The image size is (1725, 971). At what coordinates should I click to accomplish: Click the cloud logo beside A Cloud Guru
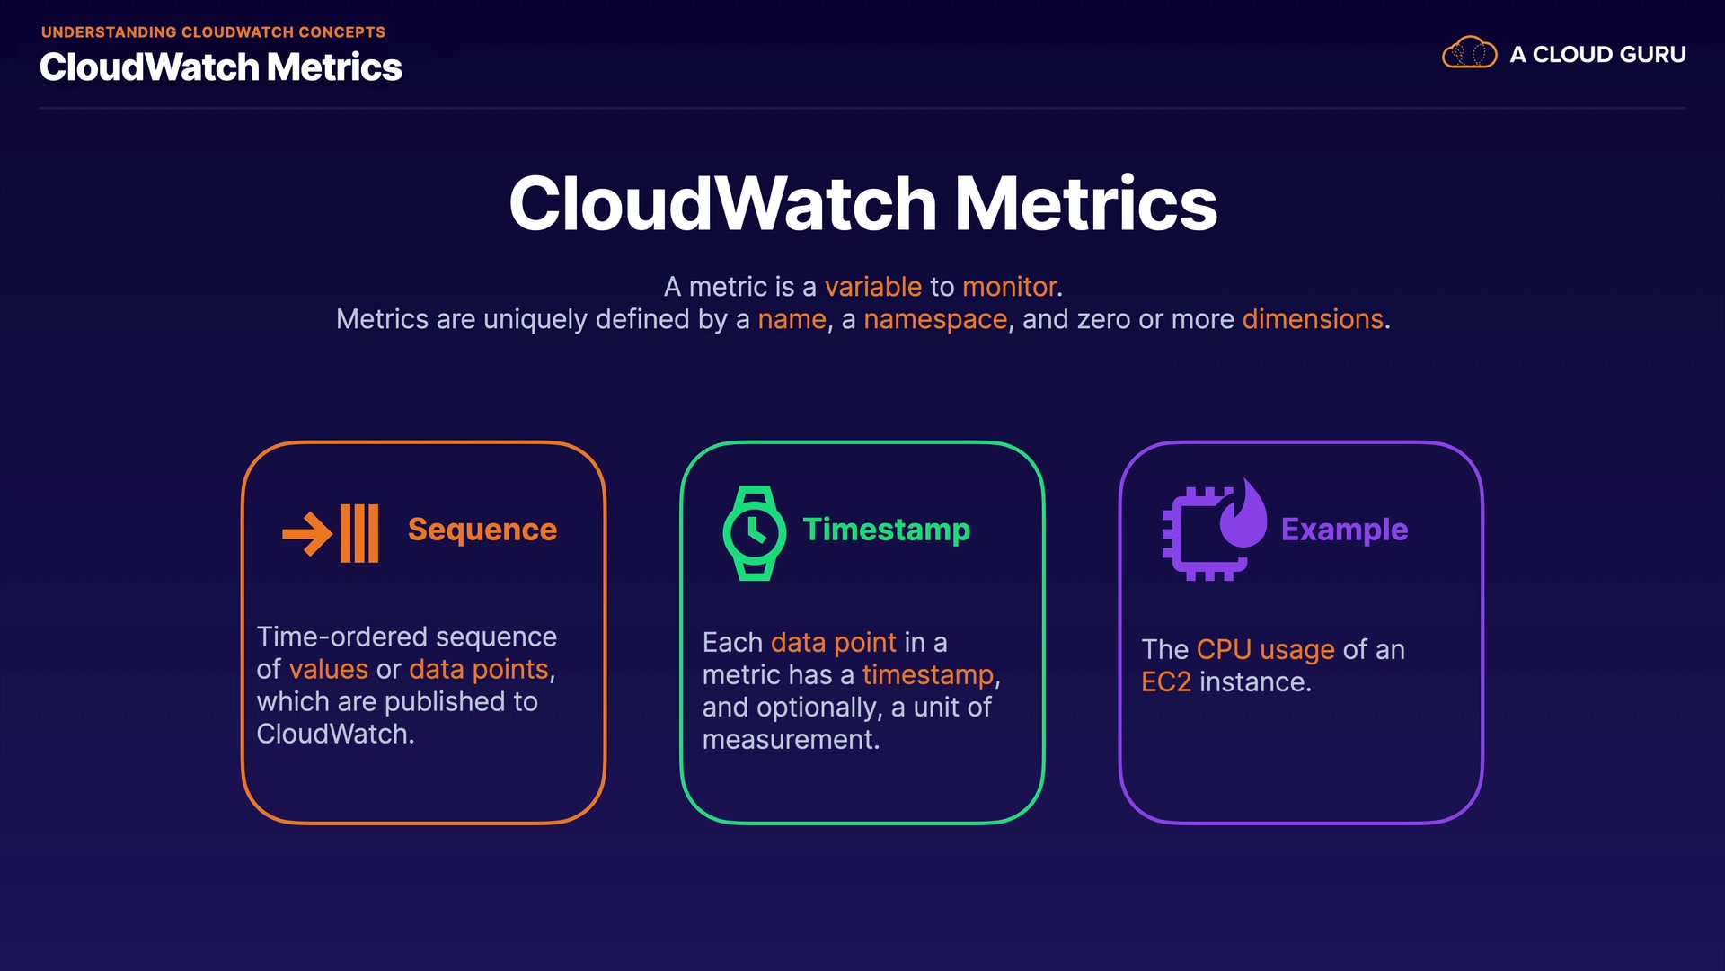[x=1469, y=53]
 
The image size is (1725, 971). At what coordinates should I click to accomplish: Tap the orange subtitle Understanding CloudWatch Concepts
[x=213, y=32]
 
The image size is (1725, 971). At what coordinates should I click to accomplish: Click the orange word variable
[x=873, y=287]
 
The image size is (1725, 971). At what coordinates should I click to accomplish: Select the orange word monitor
[x=1010, y=287]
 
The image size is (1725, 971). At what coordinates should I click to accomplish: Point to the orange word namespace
[x=935, y=320]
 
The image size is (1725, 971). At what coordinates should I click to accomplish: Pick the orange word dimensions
[x=1313, y=319]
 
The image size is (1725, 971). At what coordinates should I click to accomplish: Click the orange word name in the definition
[x=792, y=320]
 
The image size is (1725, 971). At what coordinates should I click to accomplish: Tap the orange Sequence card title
[x=482, y=530]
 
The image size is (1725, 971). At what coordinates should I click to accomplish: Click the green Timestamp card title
[x=887, y=530]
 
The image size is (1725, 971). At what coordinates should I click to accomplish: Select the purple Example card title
[x=1344, y=530]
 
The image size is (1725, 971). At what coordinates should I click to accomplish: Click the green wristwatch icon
[x=755, y=533]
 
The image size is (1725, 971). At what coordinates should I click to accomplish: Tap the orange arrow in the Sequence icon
[x=307, y=534]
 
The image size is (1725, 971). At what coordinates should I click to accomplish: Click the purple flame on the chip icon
[x=1243, y=512]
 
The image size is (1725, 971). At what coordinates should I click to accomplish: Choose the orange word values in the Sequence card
[x=329, y=670]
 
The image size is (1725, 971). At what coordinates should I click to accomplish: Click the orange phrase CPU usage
[x=1266, y=650]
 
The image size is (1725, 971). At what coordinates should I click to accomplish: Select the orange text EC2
[x=1166, y=682]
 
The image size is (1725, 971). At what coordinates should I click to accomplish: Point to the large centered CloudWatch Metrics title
[x=862, y=203]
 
